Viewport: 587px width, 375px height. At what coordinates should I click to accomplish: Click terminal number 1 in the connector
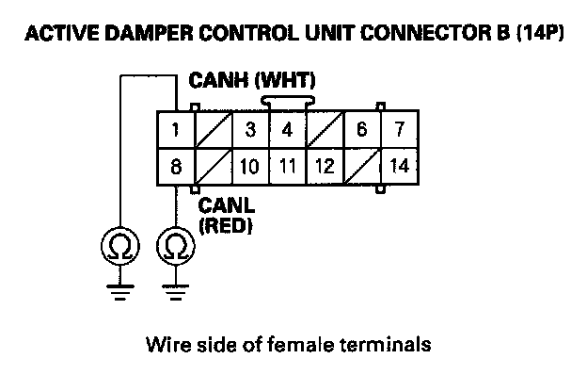[x=176, y=130]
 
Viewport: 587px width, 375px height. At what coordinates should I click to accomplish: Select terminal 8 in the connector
[x=176, y=166]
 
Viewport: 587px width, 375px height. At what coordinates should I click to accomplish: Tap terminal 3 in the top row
[x=250, y=130]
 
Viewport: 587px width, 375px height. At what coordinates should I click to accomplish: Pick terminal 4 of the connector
[x=287, y=130]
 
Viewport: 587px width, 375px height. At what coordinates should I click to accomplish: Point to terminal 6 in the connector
[x=362, y=130]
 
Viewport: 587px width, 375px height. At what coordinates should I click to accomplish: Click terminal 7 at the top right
[x=400, y=130]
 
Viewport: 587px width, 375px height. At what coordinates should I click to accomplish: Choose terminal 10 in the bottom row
[x=250, y=166]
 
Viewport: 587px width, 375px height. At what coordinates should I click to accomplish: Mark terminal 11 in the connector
[x=287, y=166]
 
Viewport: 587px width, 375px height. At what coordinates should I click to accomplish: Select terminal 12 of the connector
[x=325, y=166]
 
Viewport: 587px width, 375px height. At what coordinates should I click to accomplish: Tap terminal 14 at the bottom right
[x=400, y=166]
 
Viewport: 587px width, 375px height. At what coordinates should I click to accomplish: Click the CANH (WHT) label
[x=252, y=81]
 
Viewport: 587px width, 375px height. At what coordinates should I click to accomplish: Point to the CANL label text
[x=226, y=205]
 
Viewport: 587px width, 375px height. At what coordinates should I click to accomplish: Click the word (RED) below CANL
[x=226, y=226]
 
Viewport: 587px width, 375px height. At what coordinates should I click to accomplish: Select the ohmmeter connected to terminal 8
[x=176, y=246]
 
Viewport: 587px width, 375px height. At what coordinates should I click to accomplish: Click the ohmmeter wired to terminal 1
[x=120, y=246]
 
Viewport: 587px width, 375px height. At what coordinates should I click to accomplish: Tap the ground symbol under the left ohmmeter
[x=120, y=292]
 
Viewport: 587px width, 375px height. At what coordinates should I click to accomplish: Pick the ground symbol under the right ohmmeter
[x=176, y=292]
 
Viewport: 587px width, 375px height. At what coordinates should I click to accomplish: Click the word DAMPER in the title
[x=150, y=33]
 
